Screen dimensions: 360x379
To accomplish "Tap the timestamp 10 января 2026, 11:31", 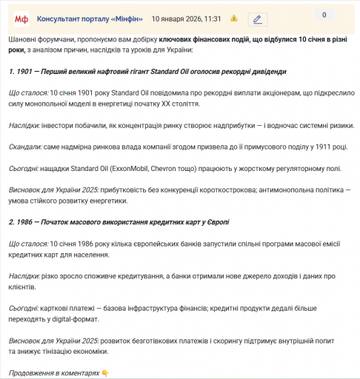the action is [x=186, y=18].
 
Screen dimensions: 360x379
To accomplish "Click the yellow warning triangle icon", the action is [x=234, y=18].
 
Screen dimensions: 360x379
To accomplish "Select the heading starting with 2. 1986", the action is [x=119, y=222].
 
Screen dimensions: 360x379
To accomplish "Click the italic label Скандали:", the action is [x=27, y=147].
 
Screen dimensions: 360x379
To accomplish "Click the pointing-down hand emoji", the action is [x=105, y=373].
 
